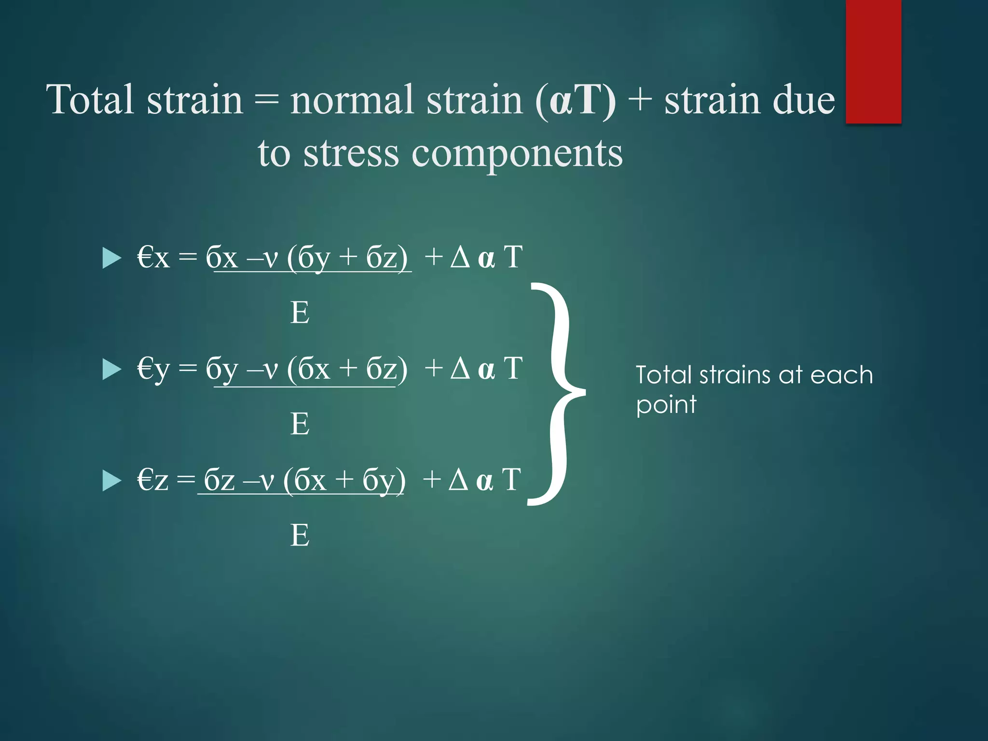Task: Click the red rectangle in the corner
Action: click(x=873, y=61)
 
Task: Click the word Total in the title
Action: click(x=90, y=99)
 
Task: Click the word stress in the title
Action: click(x=351, y=153)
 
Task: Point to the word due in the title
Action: click(x=803, y=99)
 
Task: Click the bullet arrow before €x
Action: click(x=111, y=258)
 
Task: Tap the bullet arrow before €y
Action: click(x=111, y=370)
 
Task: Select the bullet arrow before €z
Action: click(x=111, y=481)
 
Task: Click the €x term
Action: click(x=153, y=257)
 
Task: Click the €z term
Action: click(x=152, y=480)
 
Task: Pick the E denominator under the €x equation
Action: click(x=300, y=313)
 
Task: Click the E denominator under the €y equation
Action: click(x=300, y=424)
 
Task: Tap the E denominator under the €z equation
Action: click(x=300, y=535)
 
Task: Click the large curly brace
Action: click(x=560, y=393)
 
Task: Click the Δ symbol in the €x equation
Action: click(x=460, y=257)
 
